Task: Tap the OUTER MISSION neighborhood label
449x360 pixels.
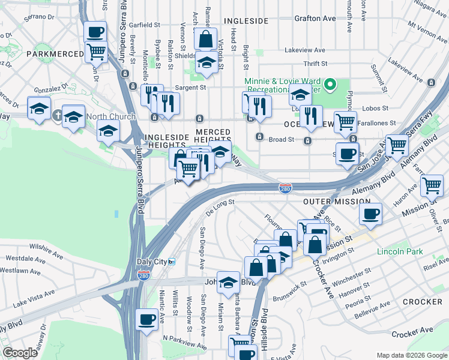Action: (x=331, y=203)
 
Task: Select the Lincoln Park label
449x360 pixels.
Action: (x=400, y=251)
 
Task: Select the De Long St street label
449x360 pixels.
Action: (x=220, y=207)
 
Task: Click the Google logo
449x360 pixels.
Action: (x=20, y=353)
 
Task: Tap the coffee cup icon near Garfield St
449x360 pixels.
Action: (x=95, y=31)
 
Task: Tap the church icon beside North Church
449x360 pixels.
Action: (x=58, y=115)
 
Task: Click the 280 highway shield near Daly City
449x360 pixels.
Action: (x=144, y=275)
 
